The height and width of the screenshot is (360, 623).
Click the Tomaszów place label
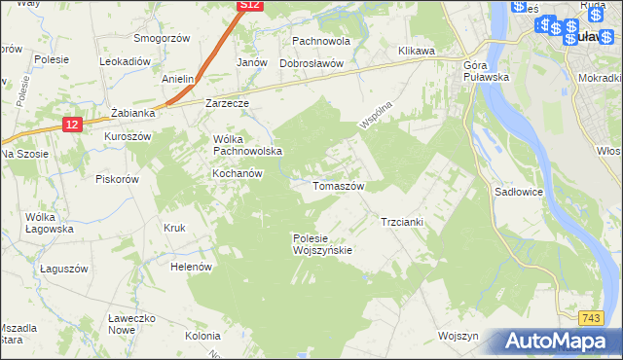(x=338, y=185)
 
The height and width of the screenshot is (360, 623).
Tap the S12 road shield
(x=250, y=5)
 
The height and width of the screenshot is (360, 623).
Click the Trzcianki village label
(x=401, y=222)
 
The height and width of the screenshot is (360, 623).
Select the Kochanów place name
(x=238, y=173)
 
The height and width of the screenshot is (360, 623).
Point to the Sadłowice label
(x=518, y=193)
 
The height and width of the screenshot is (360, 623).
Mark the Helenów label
(x=191, y=266)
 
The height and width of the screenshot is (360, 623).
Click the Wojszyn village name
(x=459, y=336)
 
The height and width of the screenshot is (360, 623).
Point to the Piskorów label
(x=119, y=179)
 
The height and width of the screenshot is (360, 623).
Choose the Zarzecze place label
(x=228, y=102)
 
